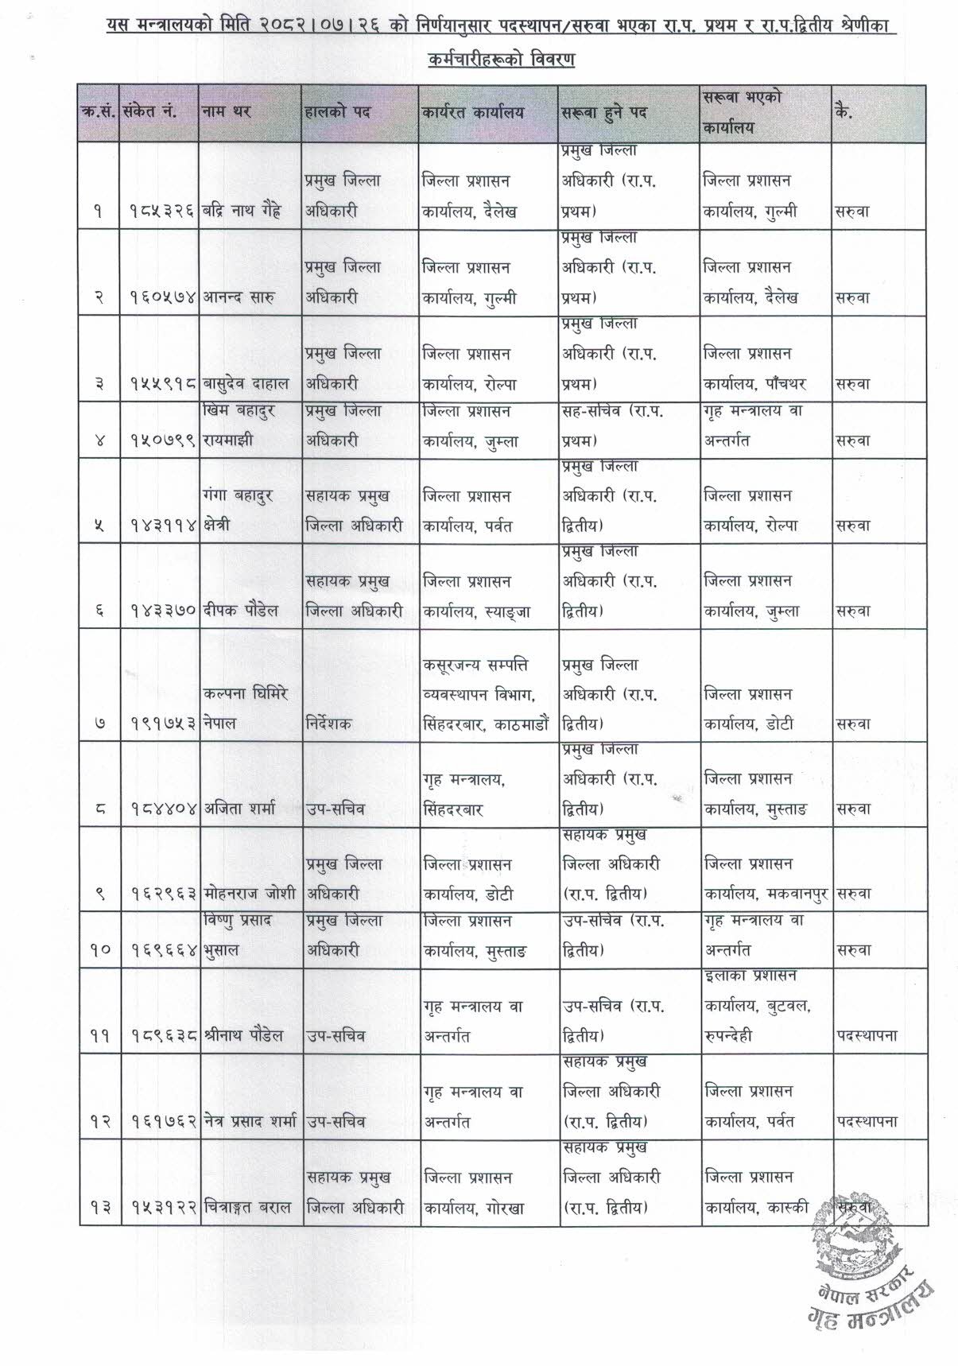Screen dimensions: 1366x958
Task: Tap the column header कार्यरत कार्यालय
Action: [474, 112]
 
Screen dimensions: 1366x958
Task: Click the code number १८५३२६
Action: [162, 212]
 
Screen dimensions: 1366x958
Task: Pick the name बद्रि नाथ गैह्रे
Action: [242, 212]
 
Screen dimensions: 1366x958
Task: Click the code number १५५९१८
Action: [162, 384]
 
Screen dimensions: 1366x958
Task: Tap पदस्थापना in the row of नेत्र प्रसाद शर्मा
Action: [867, 1122]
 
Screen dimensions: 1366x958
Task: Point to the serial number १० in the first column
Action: [99, 950]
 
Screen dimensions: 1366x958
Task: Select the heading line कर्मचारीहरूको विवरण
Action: [501, 60]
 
